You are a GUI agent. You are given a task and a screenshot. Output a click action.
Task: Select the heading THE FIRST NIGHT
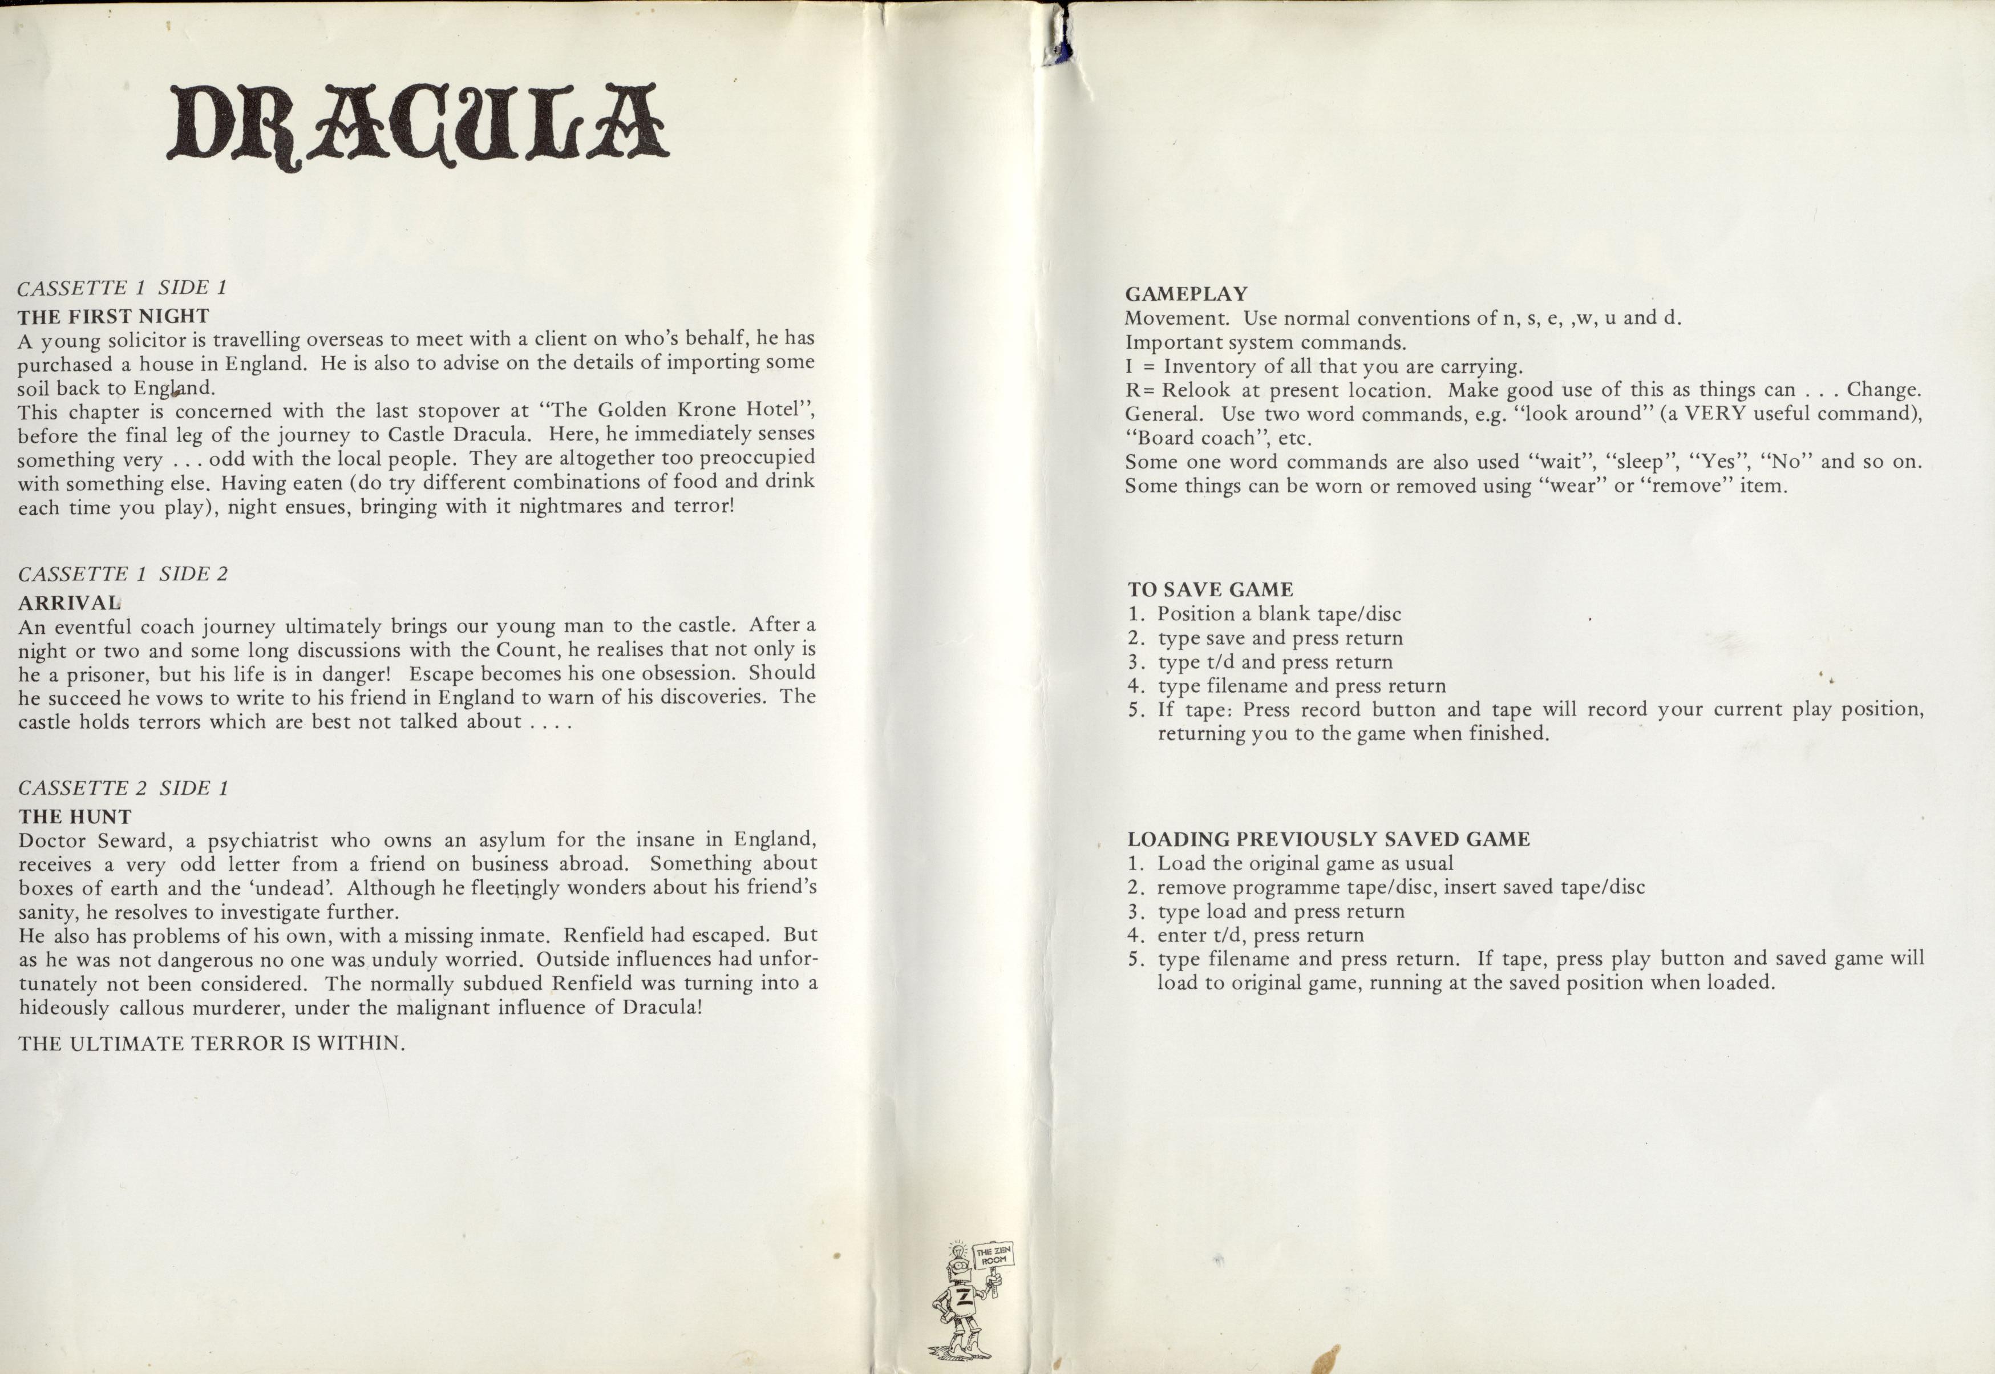pos(114,316)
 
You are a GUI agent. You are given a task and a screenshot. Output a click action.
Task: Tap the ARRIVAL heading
pos(70,603)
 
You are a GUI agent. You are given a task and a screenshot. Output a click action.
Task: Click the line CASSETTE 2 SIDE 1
pos(123,789)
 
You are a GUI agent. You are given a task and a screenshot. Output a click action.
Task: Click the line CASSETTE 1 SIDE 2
pos(123,574)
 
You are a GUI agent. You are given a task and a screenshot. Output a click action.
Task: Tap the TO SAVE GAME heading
pos(1210,591)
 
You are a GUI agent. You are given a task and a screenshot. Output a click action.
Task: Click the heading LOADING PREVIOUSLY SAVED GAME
pos(1329,839)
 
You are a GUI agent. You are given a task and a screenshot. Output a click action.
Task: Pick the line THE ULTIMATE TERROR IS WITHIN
pos(212,1044)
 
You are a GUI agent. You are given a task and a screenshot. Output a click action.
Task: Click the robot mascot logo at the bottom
pos(964,1300)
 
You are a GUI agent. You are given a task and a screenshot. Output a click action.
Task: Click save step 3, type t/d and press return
pos(1274,662)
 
